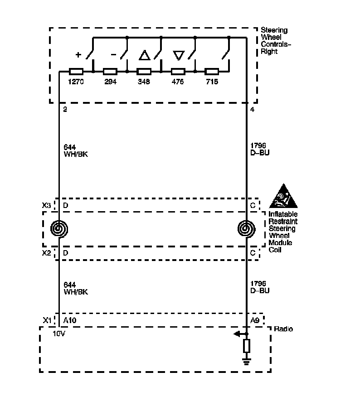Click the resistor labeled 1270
[x=76, y=72]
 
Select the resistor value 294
[x=110, y=82]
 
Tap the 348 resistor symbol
[x=144, y=72]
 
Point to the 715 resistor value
[x=212, y=82]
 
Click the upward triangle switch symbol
[x=144, y=56]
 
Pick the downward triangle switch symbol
[x=178, y=56]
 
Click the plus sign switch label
[x=78, y=55]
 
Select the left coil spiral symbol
[x=59, y=229]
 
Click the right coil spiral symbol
[x=247, y=229]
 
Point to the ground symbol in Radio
[x=247, y=361]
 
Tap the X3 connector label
[x=46, y=205]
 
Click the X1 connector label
[x=46, y=320]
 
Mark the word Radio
[x=283, y=329]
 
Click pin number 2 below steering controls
[x=65, y=109]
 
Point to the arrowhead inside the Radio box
[x=237, y=334]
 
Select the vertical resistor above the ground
[x=247, y=346]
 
